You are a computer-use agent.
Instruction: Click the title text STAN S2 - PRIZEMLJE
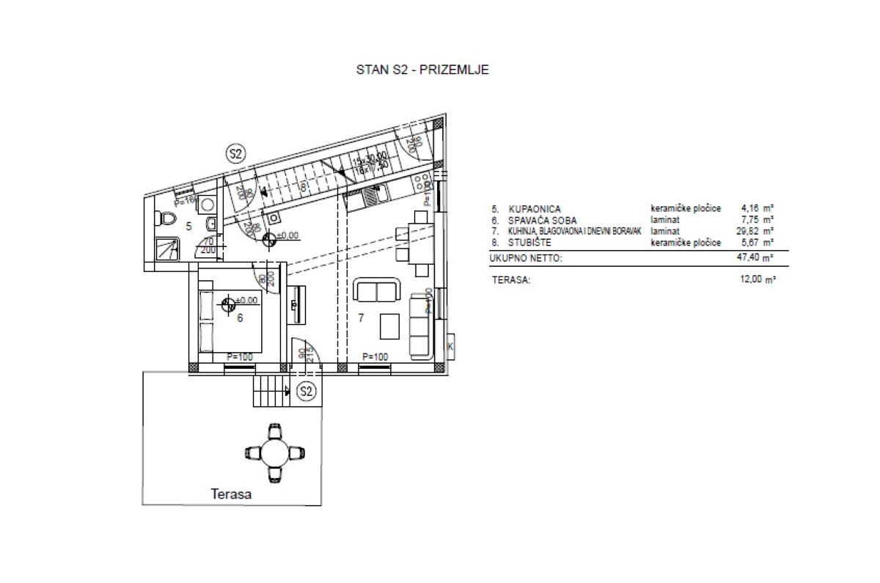tap(422, 70)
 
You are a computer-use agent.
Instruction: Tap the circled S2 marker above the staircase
tap(236, 154)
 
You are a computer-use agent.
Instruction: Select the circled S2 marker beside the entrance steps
tap(307, 392)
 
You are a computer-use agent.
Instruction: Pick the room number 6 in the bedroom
tap(240, 318)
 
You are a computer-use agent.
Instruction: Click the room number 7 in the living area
tap(361, 318)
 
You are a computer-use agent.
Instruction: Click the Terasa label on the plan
tap(232, 494)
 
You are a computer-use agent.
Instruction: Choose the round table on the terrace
tap(274, 452)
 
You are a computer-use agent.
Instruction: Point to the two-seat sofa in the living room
tap(377, 291)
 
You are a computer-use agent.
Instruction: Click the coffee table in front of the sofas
tap(389, 326)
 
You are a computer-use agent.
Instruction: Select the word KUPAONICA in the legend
tap(529, 209)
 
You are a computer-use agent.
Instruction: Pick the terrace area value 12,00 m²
tap(759, 279)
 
